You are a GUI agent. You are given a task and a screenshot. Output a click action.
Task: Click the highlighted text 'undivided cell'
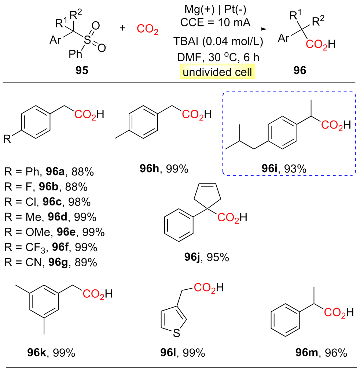(217, 72)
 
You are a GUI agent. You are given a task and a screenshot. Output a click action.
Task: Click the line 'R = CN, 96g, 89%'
(51, 262)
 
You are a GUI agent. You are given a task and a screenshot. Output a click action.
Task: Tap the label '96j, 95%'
(206, 257)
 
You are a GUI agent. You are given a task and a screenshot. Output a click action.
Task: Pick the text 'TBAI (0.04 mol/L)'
(218, 42)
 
